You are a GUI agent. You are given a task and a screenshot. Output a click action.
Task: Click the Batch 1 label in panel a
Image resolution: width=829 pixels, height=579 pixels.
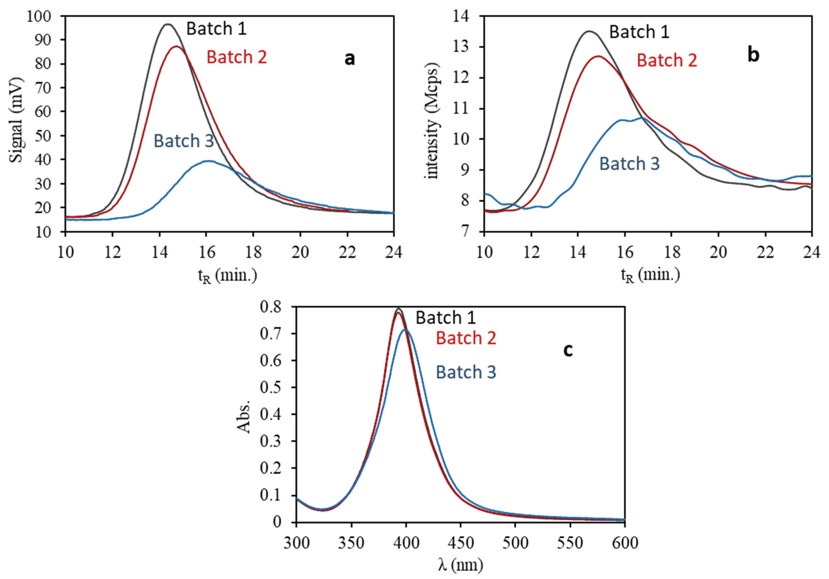pos(216,29)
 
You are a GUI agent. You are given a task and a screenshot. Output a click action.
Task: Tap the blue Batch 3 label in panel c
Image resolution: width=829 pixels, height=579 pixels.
pos(466,372)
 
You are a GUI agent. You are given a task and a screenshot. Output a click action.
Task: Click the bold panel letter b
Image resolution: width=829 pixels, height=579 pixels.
pos(753,55)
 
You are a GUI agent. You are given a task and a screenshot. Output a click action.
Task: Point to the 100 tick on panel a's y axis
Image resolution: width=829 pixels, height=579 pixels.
pos(39,16)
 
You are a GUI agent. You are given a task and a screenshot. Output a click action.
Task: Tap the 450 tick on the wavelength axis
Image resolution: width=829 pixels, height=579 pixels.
pos(460,543)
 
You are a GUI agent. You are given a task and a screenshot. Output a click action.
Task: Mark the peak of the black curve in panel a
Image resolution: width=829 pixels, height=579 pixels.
pos(168,24)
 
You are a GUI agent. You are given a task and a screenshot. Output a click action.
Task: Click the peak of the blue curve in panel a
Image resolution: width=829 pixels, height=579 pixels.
pos(208,161)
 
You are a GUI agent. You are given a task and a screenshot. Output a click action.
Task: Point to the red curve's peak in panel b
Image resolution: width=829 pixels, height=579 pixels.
pos(598,56)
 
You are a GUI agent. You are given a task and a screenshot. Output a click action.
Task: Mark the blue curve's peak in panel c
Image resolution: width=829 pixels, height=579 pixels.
pos(405,329)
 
